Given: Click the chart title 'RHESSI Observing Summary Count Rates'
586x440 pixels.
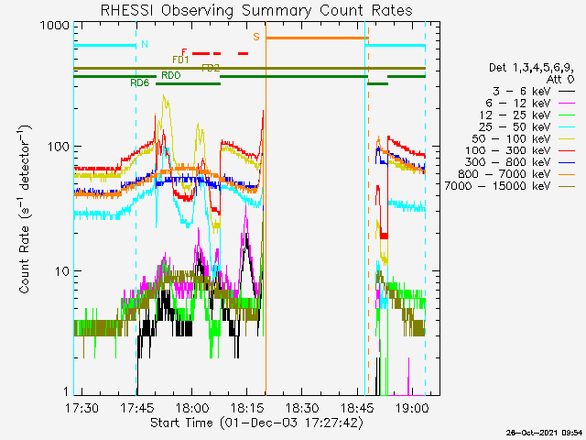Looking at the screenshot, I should click(x=255, y=10).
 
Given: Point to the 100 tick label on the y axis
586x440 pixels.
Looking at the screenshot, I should click(x=58, y=147).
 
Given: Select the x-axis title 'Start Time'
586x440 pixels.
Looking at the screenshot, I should click(x=255, y=423).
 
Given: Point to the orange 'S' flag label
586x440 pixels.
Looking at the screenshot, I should click(x=256, y=37).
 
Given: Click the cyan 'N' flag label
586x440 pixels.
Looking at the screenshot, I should click(x=143, y=44).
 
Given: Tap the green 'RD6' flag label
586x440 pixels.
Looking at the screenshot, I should click(x=140, y=83).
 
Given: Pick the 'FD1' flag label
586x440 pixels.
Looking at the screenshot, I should click(x=180, y=60).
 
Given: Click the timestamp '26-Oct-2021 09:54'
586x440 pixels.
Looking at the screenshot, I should click(x=544, y=432).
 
